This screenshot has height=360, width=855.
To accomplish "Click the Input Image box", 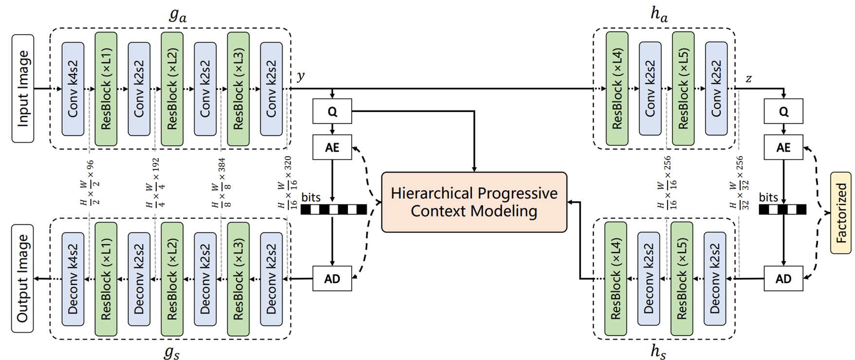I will (23, 88).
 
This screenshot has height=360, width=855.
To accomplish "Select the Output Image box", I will (23, 278).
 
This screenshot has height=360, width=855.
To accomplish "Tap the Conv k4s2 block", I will (73, 89).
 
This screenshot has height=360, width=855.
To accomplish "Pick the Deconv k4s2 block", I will (73, 279).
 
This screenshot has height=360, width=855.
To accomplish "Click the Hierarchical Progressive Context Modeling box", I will (474, 202).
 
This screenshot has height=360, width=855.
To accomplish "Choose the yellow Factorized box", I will (840, 213).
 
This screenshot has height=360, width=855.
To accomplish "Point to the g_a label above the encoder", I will (178, 15).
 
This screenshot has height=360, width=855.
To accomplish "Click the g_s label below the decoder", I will (172, 352).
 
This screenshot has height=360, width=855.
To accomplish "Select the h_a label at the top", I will (659, 14).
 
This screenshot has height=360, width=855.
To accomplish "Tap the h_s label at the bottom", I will (658, 352).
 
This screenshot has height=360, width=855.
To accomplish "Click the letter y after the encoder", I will (301, 76).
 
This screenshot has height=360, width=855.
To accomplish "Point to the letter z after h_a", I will (748, 78).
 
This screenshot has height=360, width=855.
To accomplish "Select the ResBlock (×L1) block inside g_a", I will (106, 89).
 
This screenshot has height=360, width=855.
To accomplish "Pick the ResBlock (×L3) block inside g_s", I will (238, 279).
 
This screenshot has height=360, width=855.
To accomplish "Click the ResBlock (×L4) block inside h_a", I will (617, 89).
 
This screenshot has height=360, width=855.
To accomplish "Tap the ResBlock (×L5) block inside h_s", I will (682, 279).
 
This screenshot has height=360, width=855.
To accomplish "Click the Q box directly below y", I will (332, 111).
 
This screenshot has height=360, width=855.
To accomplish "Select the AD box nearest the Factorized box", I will (783, 279).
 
